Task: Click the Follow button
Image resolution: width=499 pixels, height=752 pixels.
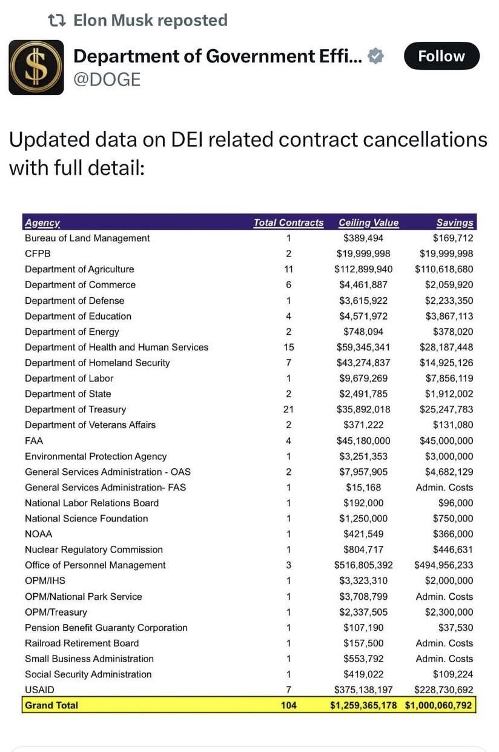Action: tap(441, 56)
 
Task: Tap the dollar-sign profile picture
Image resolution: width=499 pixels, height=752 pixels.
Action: tap(36, 67)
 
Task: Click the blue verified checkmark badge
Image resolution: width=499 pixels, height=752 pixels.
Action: tap(375, 56)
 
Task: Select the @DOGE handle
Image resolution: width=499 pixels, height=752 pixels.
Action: tap(107, 79)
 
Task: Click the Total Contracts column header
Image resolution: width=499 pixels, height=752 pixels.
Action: tap(288, 223)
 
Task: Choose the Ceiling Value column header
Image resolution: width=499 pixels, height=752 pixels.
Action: tap(368, 223)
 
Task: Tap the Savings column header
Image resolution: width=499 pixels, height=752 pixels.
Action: tap(455, 223)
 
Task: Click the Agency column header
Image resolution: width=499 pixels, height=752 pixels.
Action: tap(42, 223)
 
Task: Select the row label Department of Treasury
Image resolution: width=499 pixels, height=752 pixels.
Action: tap(75, 409)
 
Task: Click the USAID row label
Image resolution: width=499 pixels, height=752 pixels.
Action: tap(39, 690)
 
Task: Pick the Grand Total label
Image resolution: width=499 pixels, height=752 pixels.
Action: tap(51, 705)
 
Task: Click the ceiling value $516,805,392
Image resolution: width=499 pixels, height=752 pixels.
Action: tap(363, 565)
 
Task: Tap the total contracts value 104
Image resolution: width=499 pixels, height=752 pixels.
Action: tap(289, 705)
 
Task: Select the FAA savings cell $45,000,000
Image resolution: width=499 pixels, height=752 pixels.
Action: tap(446, 441)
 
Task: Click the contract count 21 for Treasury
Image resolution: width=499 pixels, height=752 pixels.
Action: tap(288, 409)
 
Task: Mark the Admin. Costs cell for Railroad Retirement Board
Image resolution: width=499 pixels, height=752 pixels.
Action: tap(444, 643)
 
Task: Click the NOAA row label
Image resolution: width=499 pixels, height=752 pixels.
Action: tap(39, 534)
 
